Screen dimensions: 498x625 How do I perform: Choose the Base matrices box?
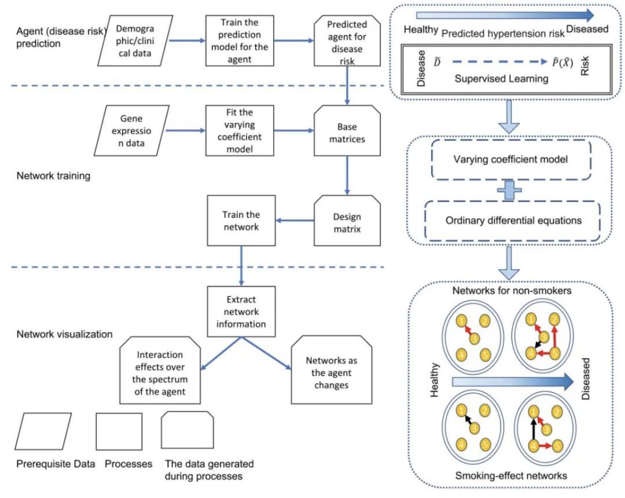point(347,130)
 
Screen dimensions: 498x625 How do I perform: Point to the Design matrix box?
point(347,221)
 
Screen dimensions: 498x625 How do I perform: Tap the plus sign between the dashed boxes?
point(509,190)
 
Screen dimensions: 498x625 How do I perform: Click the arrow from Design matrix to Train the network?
point(295,219)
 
